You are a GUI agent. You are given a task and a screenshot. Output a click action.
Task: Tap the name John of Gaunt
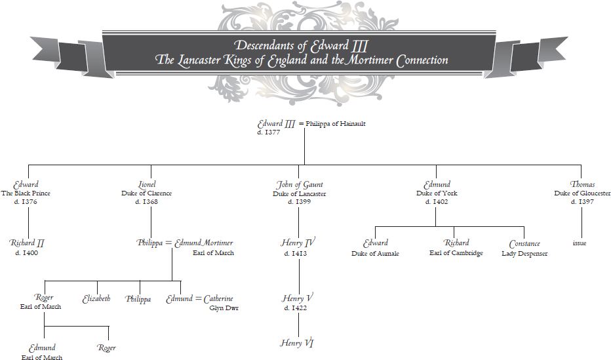[x=300, y=184]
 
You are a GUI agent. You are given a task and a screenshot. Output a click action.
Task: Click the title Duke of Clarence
[x=146, y=193]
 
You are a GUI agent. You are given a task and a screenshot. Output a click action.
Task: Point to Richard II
[x=27, y=243]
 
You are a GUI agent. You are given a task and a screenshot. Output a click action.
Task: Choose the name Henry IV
[x=299, y=243]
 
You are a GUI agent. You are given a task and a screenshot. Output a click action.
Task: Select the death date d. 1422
[x=296, y=308]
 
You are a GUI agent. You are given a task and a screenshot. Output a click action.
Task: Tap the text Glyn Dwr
[x=224, y=308]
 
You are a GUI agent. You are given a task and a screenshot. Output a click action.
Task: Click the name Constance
[x=524, y=244]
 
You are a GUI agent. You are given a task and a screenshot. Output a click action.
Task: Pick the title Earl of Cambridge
[x=456, y=253]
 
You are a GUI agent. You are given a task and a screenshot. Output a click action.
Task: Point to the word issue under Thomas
[x=580, y=243]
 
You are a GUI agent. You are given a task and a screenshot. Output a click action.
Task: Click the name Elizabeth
[x=96, y=298]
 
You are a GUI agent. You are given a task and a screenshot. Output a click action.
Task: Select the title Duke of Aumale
[x=375, y=253]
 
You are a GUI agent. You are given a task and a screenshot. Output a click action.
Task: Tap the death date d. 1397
[x=583, y=202]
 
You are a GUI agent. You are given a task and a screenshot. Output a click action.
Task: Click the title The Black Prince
[x=26, y=193]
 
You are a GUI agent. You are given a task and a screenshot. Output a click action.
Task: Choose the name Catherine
[x=218, y=298]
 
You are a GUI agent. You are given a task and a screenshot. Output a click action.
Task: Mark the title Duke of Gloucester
[x=582, y=193]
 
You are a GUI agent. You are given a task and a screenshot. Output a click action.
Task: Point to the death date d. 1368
[x=146, y=202]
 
